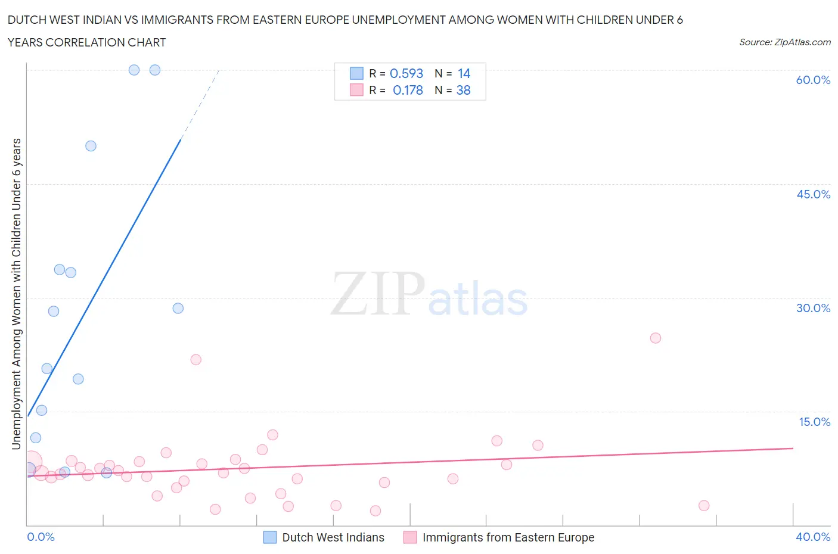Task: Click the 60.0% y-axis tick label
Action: click(813, 80)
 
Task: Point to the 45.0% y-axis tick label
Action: click(813, 194)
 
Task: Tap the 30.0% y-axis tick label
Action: click(813, 308)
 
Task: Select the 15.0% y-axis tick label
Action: click(814, 422)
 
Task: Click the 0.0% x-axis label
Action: click(41, 537)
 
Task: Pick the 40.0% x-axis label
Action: click(813, 537)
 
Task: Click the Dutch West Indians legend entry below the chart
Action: click(333, 537)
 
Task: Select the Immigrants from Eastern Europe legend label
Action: click(508, 537)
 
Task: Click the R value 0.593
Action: click(406, 73)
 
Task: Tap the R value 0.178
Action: click(408, 90)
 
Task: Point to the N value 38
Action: click(463, 90)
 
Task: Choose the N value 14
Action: click(464, 73)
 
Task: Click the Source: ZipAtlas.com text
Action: click(784, 42)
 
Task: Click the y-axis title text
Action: click(17, 294)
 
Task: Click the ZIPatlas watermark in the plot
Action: click(429, 295)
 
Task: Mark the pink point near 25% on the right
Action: click(655, 338)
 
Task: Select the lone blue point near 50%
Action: click(91, 146)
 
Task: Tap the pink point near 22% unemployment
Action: click(195, 359)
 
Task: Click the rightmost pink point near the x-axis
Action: click(704, 505)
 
